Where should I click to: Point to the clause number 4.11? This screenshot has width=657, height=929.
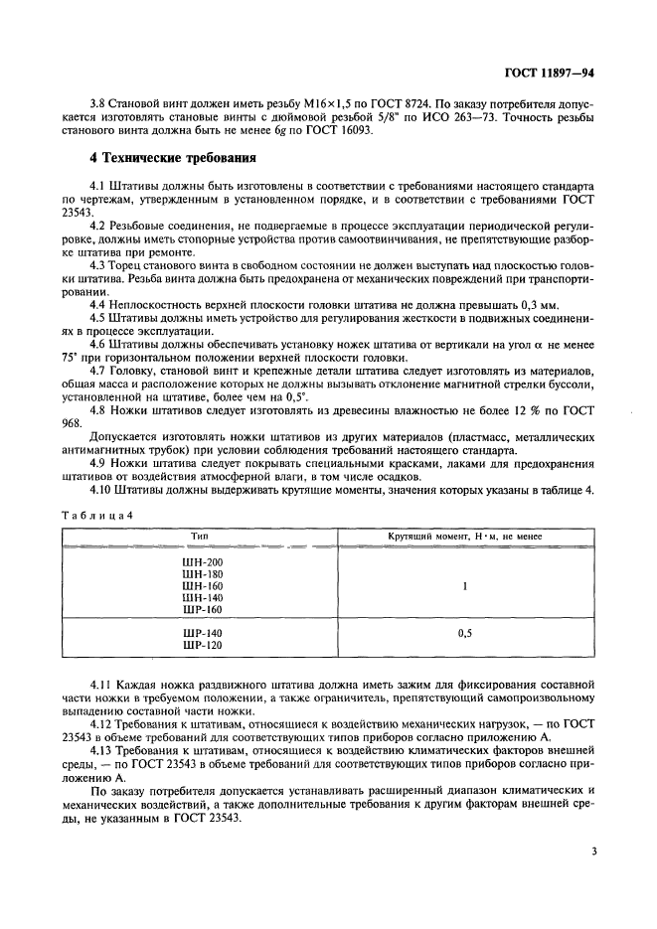pos(101,685)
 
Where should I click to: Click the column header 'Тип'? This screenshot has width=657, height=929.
pos(202,536)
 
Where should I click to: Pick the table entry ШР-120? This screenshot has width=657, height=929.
pos(202,645)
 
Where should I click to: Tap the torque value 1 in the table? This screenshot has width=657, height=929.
pos(464,586)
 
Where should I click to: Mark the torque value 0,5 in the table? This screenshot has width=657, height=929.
pos(464,632)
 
